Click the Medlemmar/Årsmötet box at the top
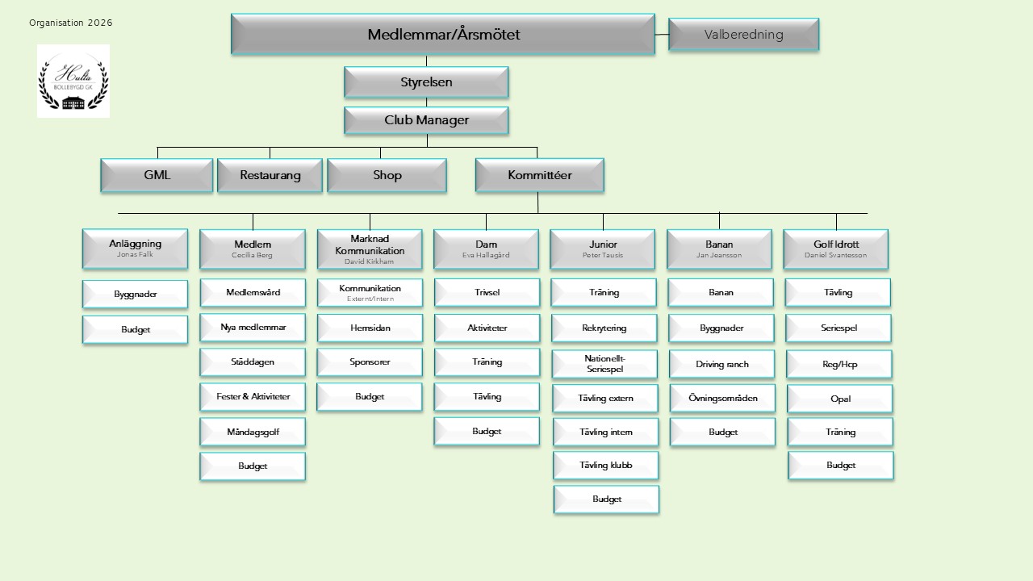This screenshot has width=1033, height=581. [442, 35]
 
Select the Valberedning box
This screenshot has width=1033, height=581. [743, 35]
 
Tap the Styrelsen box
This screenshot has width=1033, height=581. [426, 82]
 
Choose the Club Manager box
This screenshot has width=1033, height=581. [426, 120]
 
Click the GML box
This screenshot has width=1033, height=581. [157, 175]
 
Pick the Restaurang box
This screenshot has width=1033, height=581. [270, 175]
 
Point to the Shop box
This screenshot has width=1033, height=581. [387, 175]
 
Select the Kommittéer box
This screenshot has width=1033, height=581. [539, 175]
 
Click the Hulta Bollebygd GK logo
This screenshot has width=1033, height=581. [73, 82]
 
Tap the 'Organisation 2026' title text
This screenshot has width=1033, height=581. [71, 23]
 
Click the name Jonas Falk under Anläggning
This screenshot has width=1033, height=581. [135, 254]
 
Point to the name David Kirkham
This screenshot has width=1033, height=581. [370, 261]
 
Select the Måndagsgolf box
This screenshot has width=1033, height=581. [253, 432]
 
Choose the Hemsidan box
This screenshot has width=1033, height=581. [370, 328]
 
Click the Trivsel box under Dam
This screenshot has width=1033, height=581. [487, 293]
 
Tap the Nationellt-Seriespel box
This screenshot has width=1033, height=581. [604, 364]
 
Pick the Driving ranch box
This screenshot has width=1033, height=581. [722, 364]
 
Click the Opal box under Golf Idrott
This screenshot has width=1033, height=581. [840, 399]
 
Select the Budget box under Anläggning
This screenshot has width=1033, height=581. [135, 330]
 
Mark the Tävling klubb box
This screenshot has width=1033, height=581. [605, 466]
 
